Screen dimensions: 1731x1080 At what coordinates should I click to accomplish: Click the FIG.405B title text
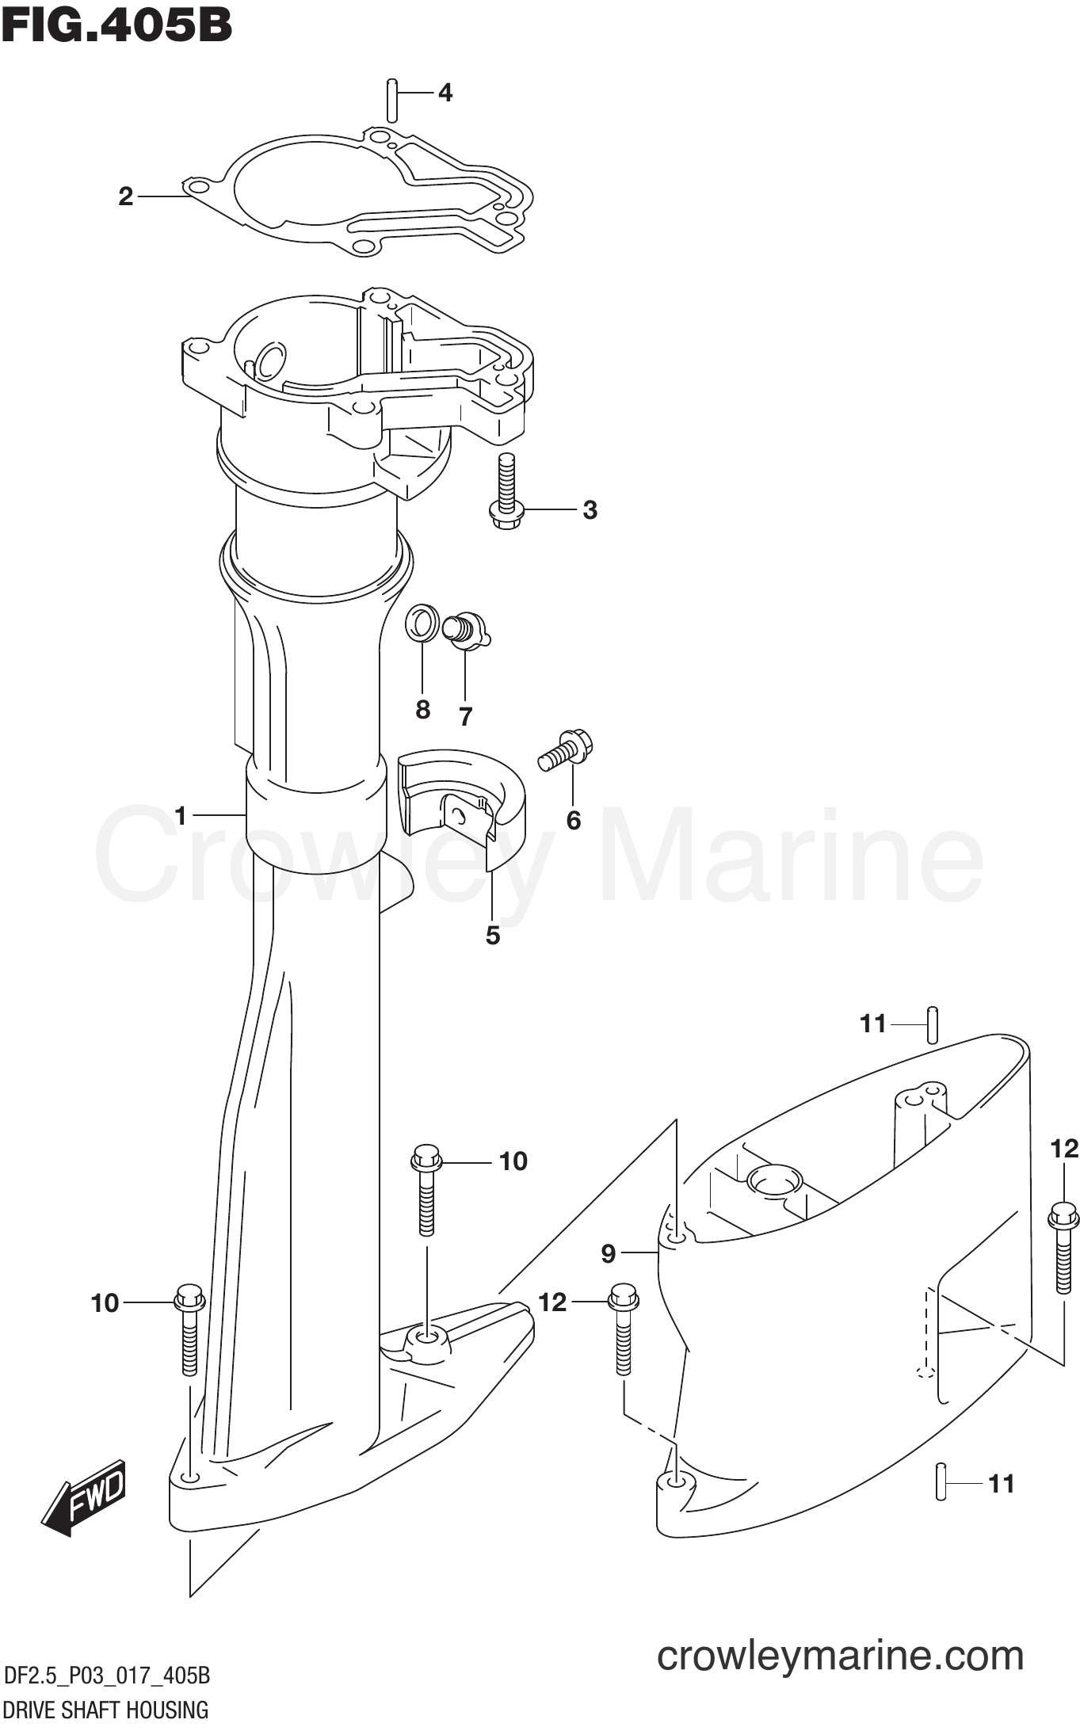click(117, 27)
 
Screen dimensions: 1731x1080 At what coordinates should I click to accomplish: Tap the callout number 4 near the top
click(445, 93)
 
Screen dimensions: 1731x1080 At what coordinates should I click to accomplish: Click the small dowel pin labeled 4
click(391, 99)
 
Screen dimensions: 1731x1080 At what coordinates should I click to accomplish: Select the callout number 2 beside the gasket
click(125, 196)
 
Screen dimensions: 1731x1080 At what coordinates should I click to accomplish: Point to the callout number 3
click(590, 510)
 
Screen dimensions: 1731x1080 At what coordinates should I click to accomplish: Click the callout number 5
click(493, 936)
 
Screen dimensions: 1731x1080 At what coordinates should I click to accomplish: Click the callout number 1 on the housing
click(181, 815)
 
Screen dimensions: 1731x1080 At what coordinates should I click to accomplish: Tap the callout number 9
click(608, 1253)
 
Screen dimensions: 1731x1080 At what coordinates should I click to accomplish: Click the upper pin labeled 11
click(933, 1025)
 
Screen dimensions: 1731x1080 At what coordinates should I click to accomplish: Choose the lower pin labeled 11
click(941, 1480)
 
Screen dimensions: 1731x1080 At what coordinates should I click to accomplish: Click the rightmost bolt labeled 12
click(1063, 1247)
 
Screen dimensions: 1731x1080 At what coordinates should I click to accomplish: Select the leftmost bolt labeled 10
click(189, 1329)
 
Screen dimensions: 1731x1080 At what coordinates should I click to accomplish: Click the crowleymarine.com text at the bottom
click(840, 1656)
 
